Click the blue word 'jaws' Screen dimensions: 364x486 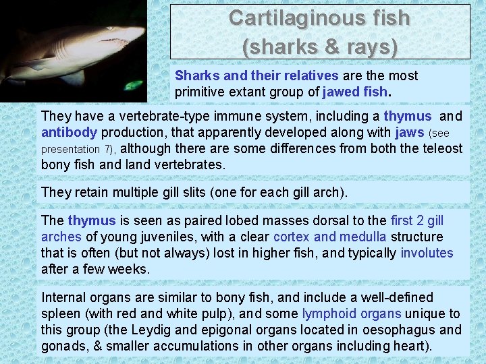click(407, 132)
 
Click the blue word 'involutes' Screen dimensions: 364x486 click(427, 253)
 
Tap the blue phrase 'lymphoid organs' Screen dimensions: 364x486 click(351, 313)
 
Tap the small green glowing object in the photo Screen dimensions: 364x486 click(134, 86)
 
